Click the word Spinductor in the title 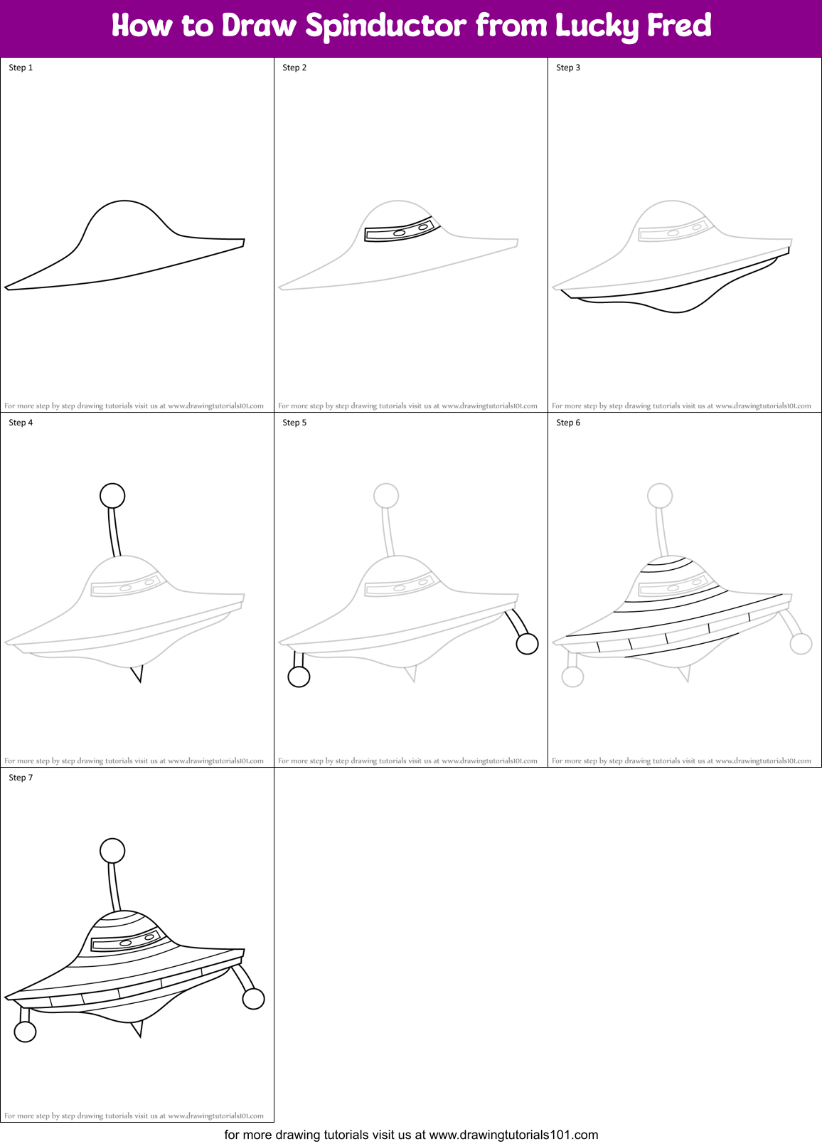tap(387, 26)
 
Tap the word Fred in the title tap(678, 26)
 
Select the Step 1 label tap(21, 68)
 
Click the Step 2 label tap(294, 68)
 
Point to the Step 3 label tap(568, 68)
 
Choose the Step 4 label tap(21, 423)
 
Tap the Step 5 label tap(294, 423)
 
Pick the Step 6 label tap(568, 423)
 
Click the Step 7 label tap(21, 778)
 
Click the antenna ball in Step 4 tap(112, 495)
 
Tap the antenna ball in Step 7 tap(112, 850)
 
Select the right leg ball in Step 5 tap(527, 644)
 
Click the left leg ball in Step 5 tap(299, 677)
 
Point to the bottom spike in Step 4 tap(137, 672)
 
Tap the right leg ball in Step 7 tap(253, 999)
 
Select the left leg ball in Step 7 tap(25, 1032)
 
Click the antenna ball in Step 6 tap(660, 495)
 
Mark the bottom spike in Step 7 tap(137, 1027)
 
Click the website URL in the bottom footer tap(513, 1135)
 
